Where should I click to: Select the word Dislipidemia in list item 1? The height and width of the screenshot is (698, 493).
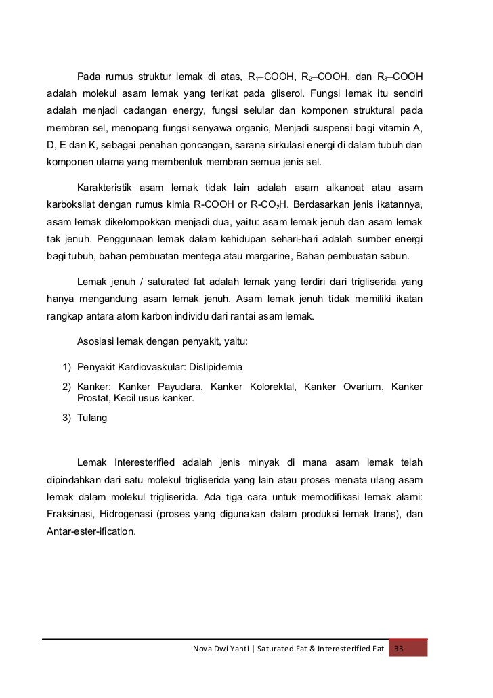tap(212, 366)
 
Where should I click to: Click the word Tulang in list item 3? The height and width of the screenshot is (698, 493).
tap(92, 418)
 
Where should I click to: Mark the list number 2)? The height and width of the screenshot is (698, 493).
tap(66, 387)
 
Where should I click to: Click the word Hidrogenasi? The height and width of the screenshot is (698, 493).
tap(130, 515)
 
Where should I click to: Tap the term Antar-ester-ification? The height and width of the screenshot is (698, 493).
tap(91, 532)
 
